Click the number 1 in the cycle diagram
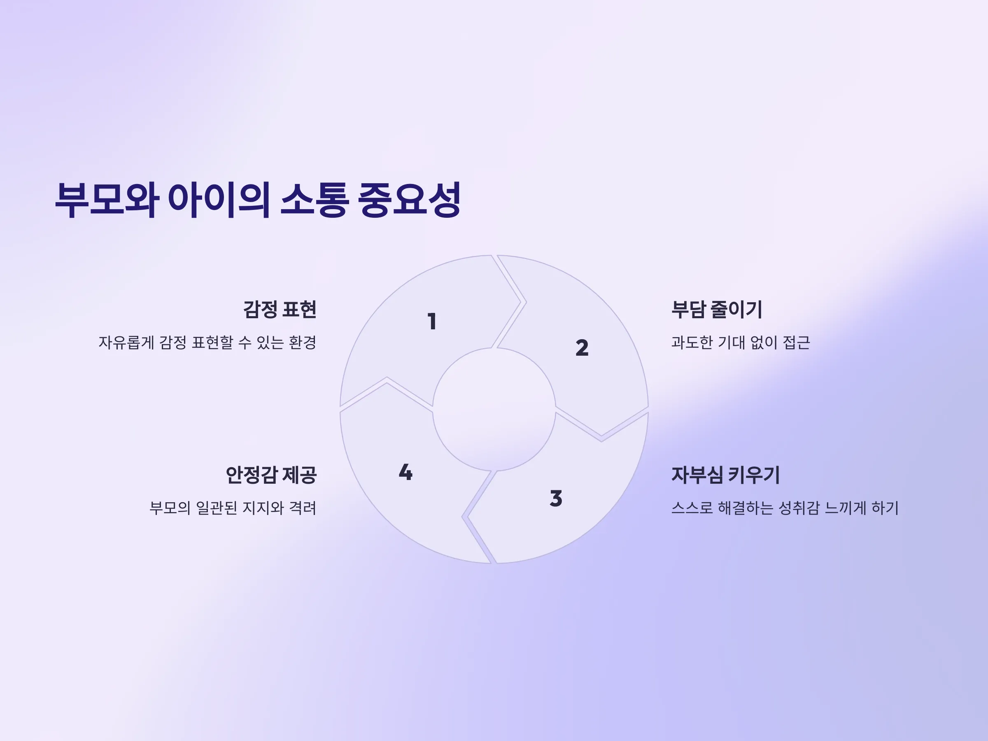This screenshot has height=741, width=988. coord(432,322)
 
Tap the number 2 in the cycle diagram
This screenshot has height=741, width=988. coord(582,348)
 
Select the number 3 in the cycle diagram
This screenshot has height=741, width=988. coord(556,499)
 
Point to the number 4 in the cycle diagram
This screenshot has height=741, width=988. coord(405,472)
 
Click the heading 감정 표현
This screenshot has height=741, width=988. coord(280,310)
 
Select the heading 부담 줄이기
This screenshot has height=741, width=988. coord(717,310)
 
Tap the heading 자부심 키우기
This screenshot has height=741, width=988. coord(725,475)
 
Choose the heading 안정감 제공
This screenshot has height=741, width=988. coord(271,475)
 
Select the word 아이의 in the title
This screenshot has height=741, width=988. coord(219,200)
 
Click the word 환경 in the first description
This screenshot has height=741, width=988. coord(303,343)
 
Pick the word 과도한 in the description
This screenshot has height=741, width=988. coord(692,343)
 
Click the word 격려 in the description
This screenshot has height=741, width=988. coord(303,508)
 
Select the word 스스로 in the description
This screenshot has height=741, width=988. coord(692,508)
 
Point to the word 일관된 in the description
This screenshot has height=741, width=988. coord(217,508)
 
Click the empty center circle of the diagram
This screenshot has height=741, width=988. coord(494,409)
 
